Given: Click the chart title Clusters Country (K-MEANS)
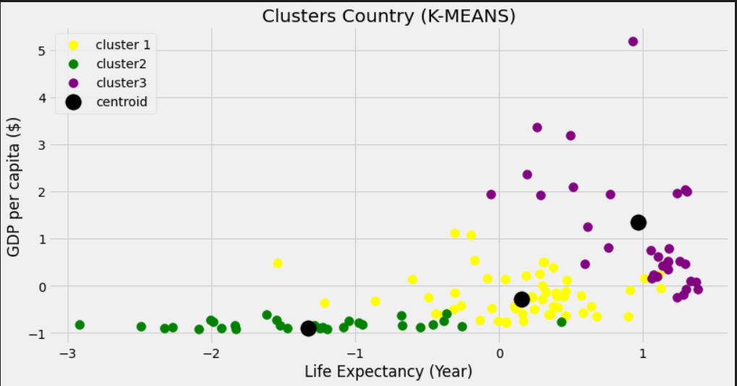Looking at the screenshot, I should [388, 16].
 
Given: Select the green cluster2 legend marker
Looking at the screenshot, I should [73, 64].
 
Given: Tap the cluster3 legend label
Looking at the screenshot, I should [122, 83].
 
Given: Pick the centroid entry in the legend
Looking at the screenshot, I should [121, 102].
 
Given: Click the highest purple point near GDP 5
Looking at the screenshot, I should [633, 42].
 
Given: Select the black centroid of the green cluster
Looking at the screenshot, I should [308, 329].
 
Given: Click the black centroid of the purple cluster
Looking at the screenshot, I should [638, 222].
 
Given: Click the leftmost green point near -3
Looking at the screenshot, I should [80, 325].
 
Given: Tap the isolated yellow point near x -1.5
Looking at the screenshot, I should [278, 264].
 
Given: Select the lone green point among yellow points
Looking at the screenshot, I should [561, 322].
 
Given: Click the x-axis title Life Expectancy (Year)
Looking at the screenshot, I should [388, 372].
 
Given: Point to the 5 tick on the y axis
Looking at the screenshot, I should [42, 51].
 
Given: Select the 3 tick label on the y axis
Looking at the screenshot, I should [42, 146].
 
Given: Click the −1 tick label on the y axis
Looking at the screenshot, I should [38, 334].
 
